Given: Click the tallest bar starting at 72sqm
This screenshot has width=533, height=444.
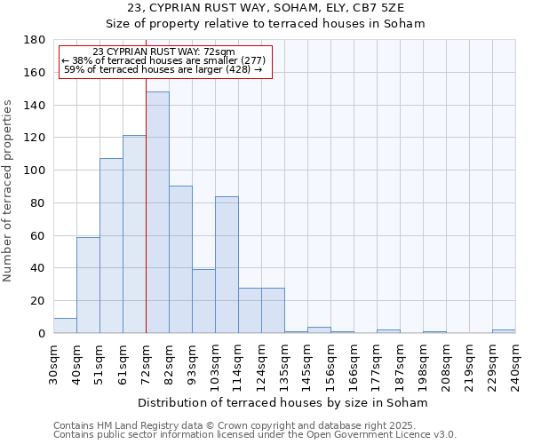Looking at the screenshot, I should click(x=157, y=212).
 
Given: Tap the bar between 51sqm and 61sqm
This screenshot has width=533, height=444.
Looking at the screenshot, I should click(x=111, y=246).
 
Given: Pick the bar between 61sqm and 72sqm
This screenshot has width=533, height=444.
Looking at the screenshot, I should click(x=134, y=234).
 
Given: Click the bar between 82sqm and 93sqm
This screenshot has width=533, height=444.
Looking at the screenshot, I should click(x=180, y=259).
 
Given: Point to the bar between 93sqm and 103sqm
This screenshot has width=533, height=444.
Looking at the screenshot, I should click(x=203, y=301).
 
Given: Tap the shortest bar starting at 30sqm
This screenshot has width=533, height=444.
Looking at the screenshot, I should click(x=65, y=326).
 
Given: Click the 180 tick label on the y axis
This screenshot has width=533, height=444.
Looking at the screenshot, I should click(x=35, y=40).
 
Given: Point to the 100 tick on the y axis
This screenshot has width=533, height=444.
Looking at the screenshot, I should click(x=35, y=170).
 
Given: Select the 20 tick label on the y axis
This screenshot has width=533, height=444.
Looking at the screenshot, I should click(x=38, y=301).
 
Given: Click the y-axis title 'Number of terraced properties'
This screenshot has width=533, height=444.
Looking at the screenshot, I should click(x=8, y=190).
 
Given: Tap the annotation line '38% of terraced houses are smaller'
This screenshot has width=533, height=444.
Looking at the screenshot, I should click(x=163, y=60).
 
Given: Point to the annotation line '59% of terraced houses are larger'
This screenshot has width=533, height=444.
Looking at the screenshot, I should click(x=163, y=69).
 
